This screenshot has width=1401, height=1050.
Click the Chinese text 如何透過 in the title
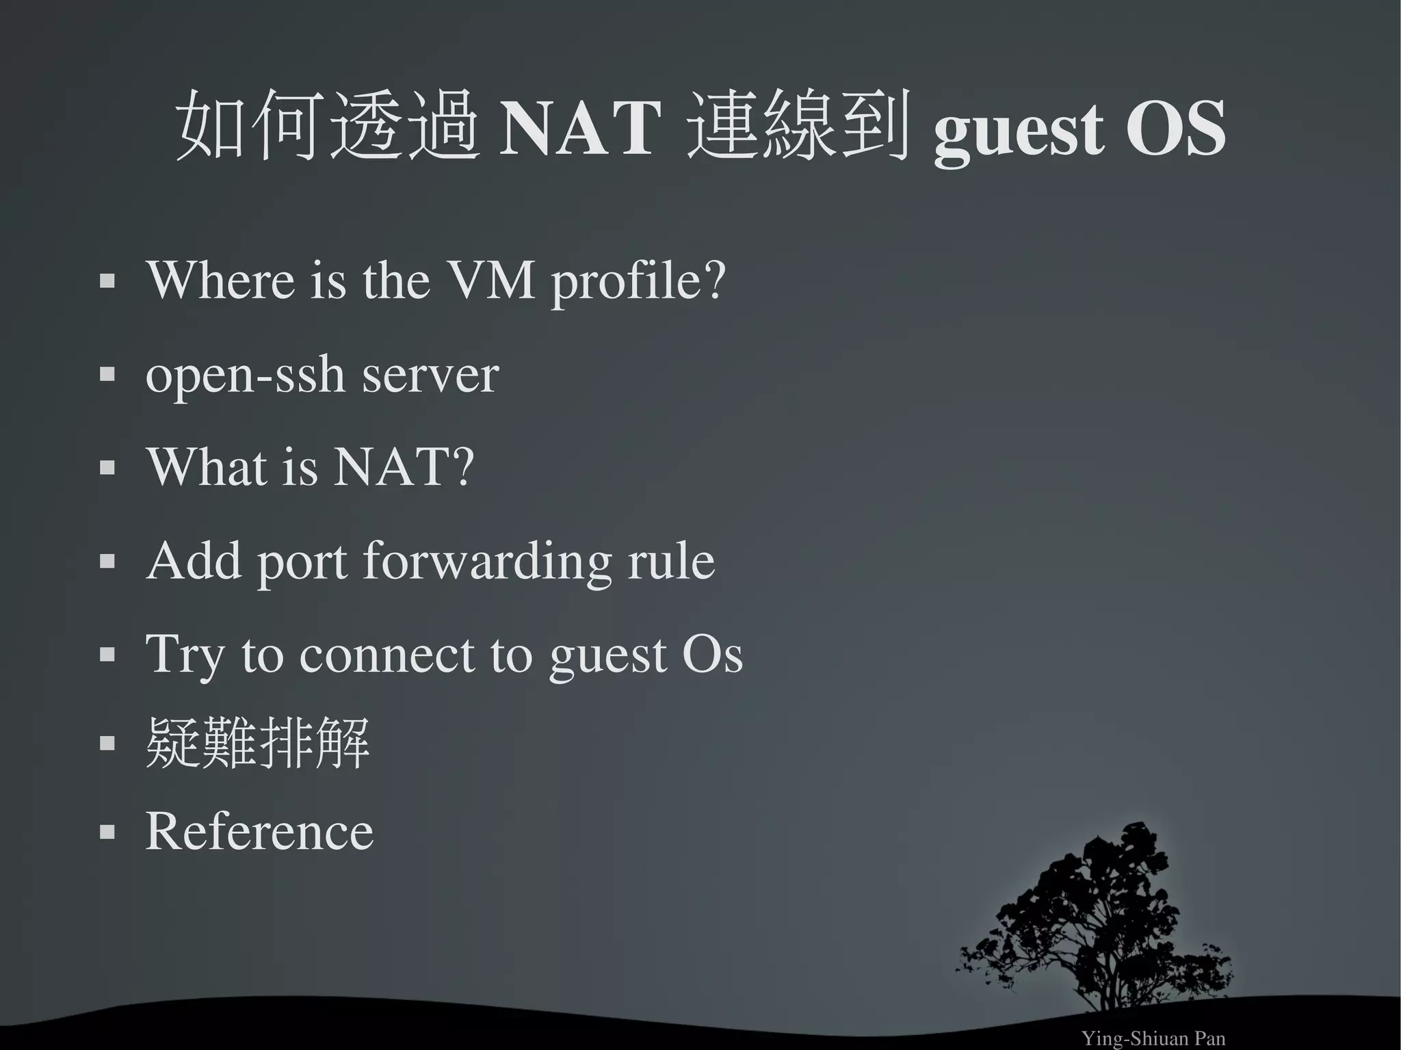(327, 127)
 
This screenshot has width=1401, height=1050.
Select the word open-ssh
(245, 376)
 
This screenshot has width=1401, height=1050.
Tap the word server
(430, 376)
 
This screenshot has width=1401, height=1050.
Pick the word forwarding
(487, 562)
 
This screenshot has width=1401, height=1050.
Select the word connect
(387, 655)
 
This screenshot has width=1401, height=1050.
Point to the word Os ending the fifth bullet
(712, 655)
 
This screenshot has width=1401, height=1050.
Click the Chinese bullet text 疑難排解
(258, 743)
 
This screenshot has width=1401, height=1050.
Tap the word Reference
(259, 832)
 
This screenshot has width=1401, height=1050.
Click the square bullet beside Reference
(107, 832)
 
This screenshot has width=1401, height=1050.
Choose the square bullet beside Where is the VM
(107, 281)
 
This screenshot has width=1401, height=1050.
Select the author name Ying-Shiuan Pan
(1153, 1038)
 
